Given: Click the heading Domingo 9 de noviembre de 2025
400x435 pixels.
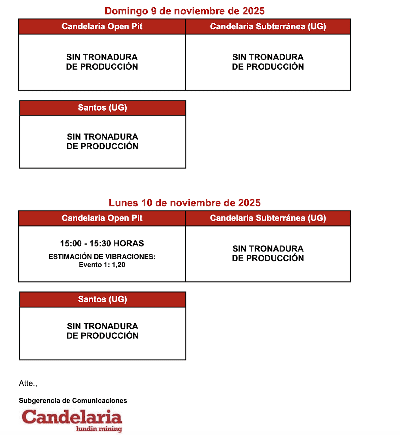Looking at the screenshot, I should tap(184, 11).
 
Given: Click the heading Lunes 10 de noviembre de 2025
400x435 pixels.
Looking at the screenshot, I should tap(184, 203).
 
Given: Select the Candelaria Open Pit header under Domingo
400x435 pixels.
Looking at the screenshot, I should tap(102, 27).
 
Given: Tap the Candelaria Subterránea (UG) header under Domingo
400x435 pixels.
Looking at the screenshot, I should tap(268, 27).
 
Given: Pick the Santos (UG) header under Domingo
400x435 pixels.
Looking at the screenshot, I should tap(102, 108).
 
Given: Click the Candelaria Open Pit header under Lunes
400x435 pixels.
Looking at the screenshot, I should tap(102, 218).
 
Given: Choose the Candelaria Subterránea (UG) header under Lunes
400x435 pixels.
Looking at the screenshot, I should tap(268, 218).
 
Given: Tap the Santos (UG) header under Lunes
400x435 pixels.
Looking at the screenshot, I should tap(102, 299).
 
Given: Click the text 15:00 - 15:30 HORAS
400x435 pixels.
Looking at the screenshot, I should tap(102, 243).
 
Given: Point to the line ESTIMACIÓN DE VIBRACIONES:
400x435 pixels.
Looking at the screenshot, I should tap(102, 257).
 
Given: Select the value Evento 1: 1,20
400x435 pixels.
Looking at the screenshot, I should tap(102, 265).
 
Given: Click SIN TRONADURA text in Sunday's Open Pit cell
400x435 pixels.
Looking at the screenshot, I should tap(102, 57).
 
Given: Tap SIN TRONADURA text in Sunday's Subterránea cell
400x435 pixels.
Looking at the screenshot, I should tap(268, 57).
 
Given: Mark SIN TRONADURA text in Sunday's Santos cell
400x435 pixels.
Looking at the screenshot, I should tap(102, 137).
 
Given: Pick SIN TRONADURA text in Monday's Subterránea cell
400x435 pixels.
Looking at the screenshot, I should tap(268, 249).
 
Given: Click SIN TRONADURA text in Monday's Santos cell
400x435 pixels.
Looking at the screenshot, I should tap(102, 326).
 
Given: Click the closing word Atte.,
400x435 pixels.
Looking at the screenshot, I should tap(28, 383).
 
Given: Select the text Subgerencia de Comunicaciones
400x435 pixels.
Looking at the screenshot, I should tap(73, 401).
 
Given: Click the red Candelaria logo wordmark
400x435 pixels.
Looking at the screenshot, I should tap(72, 417).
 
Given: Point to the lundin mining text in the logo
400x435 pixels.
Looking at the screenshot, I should tap(99, 429).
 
